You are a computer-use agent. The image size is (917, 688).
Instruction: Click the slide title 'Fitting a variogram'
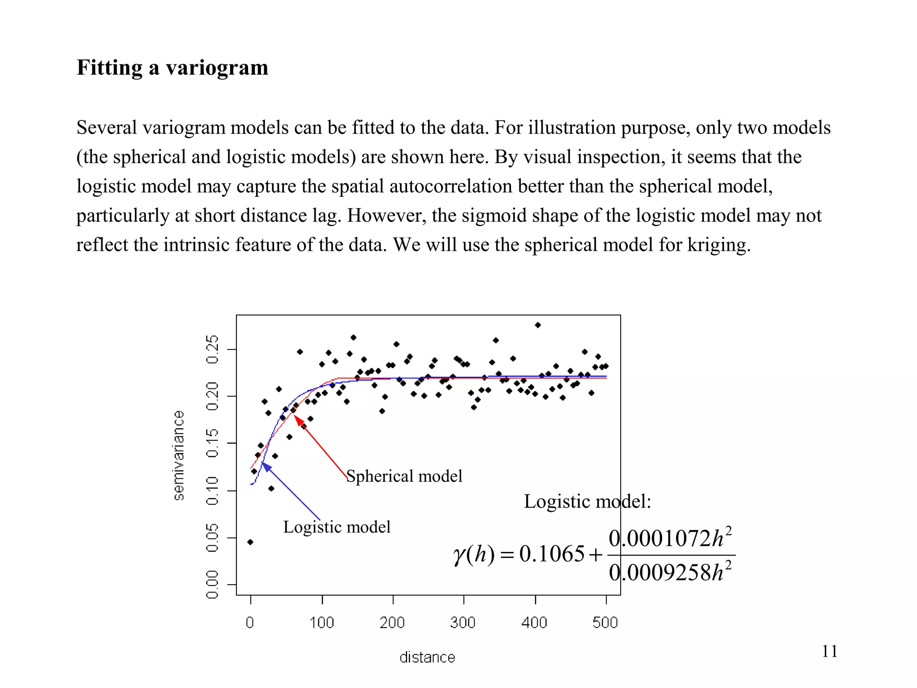[172, 68]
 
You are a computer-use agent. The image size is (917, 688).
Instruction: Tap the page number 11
[829, 651]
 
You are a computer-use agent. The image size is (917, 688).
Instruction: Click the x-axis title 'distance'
[427, 657]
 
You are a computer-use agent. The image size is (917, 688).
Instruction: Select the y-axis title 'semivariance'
[179, 455]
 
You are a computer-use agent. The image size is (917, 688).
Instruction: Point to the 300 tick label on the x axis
[463, 623]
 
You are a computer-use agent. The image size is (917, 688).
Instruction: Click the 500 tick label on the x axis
[605, 623]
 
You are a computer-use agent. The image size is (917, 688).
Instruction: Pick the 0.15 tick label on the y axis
[212, 443]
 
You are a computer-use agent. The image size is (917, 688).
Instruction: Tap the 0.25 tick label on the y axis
[212, 349]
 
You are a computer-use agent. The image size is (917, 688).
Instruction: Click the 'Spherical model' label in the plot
[404, 476]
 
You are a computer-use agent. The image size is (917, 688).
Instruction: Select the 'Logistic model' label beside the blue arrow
[337, 527]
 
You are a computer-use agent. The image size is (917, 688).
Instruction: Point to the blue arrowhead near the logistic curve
[266, 466]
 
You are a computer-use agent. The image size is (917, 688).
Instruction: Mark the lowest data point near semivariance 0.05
[250, 542]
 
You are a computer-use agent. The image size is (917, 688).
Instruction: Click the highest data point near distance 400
[538, 325]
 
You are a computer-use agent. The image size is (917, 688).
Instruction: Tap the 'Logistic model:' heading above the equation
[587, 501]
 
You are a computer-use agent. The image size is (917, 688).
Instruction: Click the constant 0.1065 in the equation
[552, 554]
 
